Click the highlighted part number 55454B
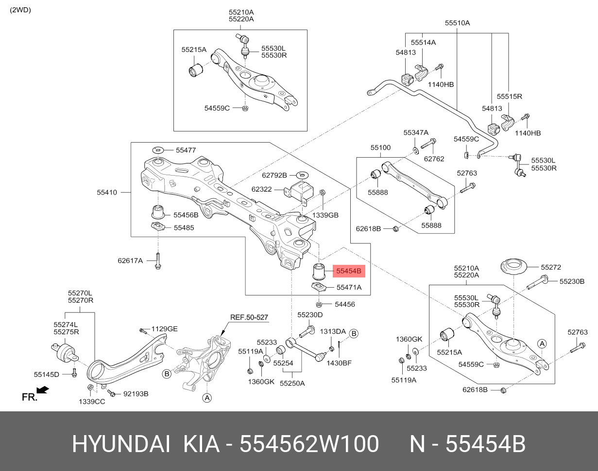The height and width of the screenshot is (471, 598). click(349, 271)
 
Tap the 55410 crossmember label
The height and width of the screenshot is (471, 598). click(107, 192)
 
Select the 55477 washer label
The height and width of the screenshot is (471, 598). click(186, 150)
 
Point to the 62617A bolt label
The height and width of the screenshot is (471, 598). click(130, 260)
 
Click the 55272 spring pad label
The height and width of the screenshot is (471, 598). click(551, 267)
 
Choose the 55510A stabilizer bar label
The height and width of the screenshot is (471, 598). click(458, 23)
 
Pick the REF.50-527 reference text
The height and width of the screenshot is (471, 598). click(249, 317)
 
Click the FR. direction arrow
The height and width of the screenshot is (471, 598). click(43, 390)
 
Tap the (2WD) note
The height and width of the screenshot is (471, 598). click(20, 10)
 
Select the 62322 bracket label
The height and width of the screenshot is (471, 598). click(261, 189)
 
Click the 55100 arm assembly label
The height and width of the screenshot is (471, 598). click(381, 147)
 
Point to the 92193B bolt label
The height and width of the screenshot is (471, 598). click(136, 394)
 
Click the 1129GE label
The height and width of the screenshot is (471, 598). click(165, 329)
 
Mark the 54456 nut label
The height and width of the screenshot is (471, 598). click(345, 304)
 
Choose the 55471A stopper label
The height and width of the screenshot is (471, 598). click(349, 287)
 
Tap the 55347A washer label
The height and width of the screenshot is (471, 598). click(416, 133)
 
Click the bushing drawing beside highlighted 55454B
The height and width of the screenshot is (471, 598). click(319, 271)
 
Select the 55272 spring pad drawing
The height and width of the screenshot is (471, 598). click(514, 267)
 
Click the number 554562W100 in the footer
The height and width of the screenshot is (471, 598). click(309, 443)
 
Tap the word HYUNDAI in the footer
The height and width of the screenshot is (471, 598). click(121, 443)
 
